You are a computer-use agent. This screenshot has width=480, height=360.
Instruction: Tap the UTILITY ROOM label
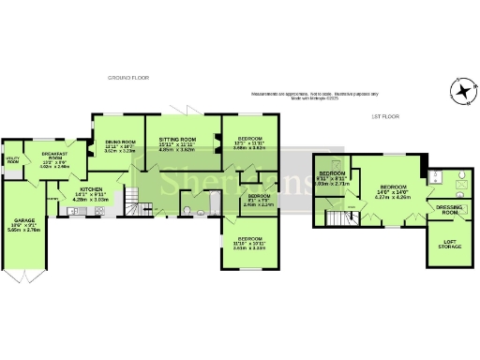click(12, 159)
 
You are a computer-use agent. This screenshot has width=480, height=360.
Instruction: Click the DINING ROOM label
click(117, 142)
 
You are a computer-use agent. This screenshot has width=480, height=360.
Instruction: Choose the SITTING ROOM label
click(176, 138)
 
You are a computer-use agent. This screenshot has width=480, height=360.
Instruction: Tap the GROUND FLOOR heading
click(127, 78)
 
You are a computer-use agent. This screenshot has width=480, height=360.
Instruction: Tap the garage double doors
click(25, 278)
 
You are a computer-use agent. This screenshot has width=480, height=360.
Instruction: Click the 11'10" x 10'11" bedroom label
click(248, 243)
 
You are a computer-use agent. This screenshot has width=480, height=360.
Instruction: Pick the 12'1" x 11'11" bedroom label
click(248, 142)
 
